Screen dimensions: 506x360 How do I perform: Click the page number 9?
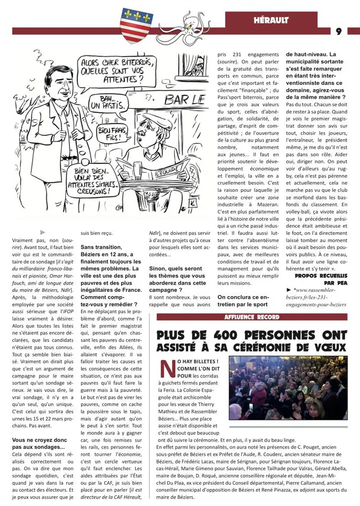click(339, 32)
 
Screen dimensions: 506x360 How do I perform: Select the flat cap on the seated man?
click(148, 125)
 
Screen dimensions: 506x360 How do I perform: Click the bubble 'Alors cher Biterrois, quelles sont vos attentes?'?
click(116, 71)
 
